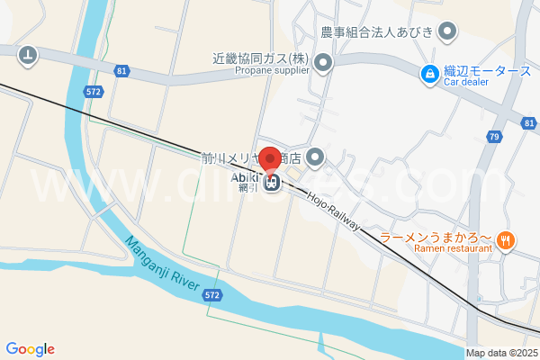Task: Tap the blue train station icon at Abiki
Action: coord(271,184)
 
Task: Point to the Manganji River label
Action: coord(162,263)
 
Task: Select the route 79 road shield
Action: coord(494,137)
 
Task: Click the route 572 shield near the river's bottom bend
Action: coord(211,294)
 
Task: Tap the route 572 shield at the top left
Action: coord(94,92)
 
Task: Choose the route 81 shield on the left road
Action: coord(121,69)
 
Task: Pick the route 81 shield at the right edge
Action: coord(528,121)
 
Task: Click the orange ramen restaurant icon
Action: coord(507,239)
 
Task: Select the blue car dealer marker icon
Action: coord(430,71)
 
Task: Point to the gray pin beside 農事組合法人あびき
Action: coord(447,32)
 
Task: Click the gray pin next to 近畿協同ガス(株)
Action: coord(323,62)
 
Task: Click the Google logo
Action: coord(30,349)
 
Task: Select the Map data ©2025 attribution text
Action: coord(500,353)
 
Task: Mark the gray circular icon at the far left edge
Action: coord(29,56)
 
